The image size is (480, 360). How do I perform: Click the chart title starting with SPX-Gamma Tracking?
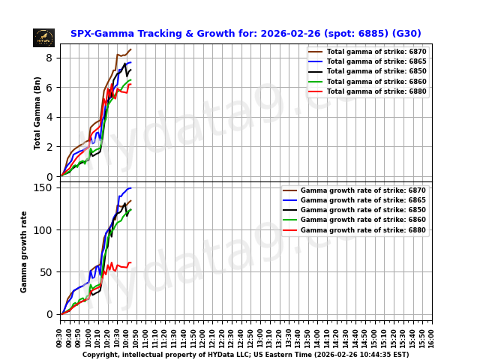(245, 34)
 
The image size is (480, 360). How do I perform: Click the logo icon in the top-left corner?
(43, 37)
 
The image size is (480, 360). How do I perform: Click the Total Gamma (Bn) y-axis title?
(37, 112)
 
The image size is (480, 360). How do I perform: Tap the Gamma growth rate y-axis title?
(24, 251)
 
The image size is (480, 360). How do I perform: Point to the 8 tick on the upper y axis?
(49, 58)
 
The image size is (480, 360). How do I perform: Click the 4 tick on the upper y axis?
(49, 117)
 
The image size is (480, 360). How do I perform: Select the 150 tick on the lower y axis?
(44, 187)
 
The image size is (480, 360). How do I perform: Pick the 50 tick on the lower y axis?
(46, 272)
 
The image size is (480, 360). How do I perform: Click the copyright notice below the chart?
(245, 355)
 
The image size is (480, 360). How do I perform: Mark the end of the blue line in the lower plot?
(131, 188)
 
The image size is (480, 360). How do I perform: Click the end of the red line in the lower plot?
(131, 263)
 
